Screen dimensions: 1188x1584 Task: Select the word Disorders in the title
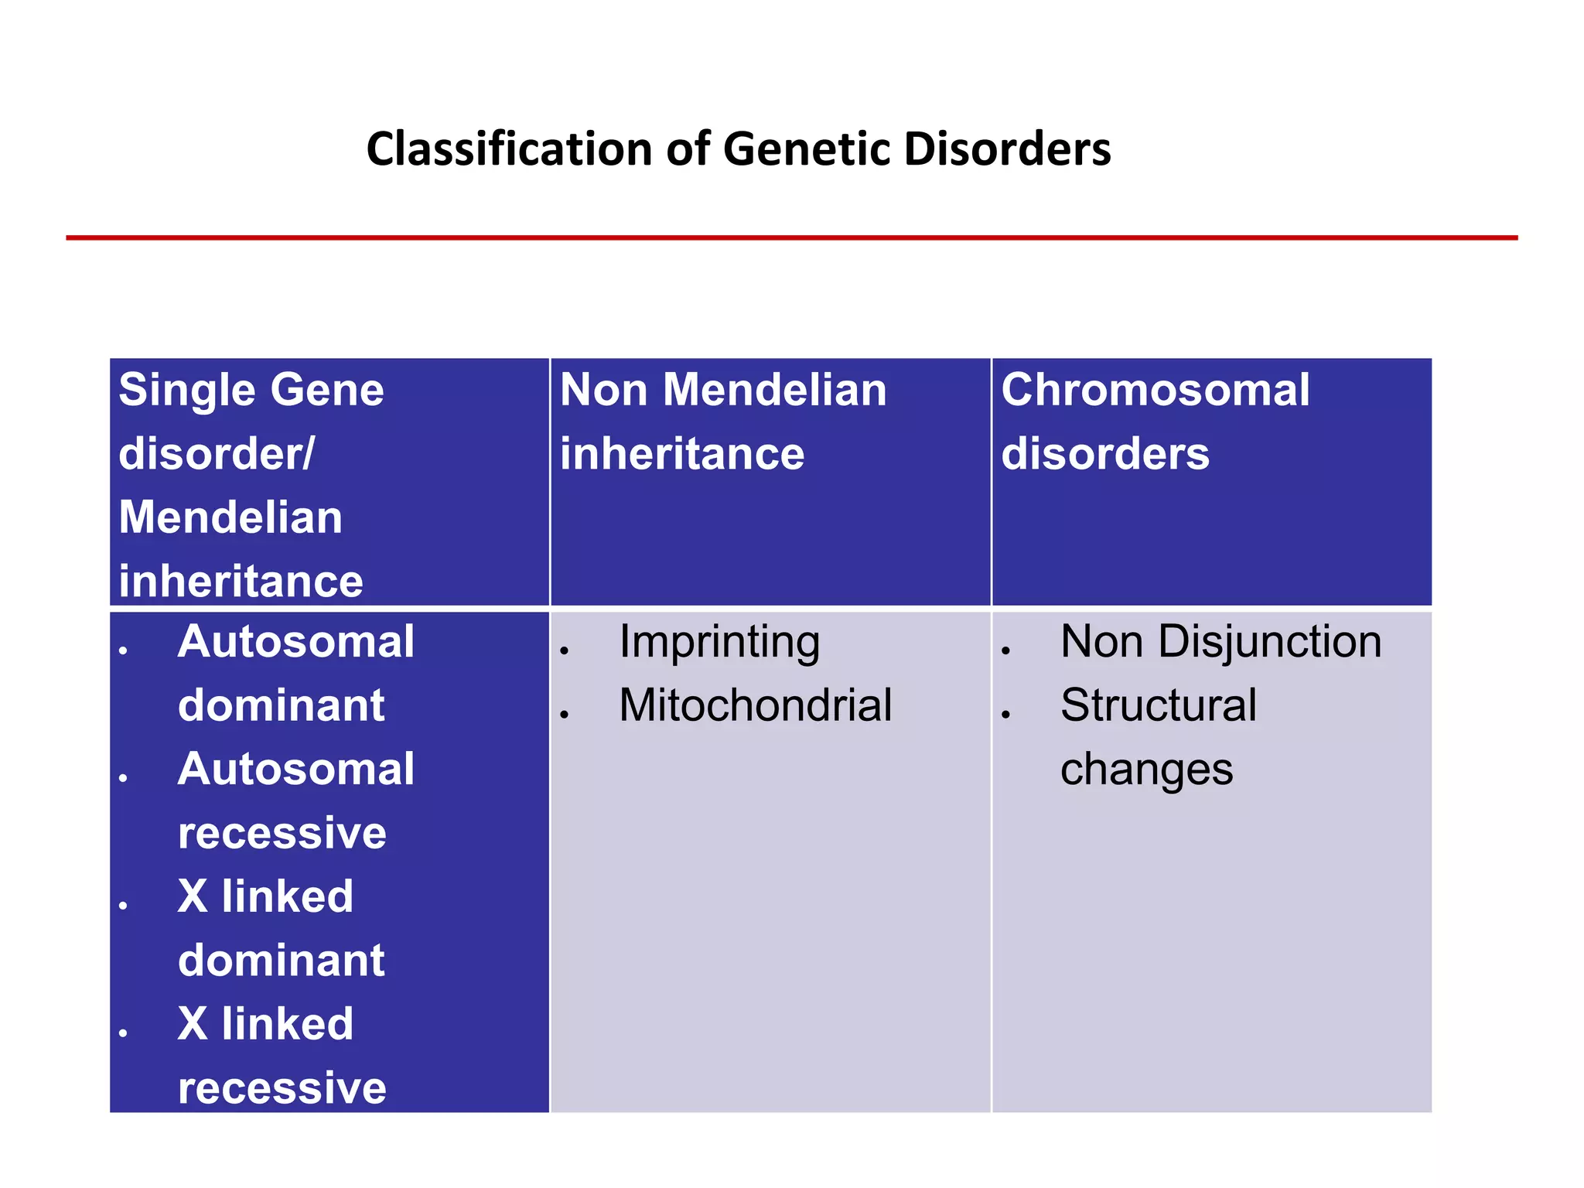coord(1007,148)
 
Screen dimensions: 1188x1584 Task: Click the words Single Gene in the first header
coord(251,390)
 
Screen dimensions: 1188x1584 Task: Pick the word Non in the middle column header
coord(603,390)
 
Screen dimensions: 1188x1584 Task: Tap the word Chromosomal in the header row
coord(1155,390)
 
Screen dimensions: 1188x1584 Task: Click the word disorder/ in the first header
coord(217,453)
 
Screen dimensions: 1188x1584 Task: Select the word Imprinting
coord(719,642)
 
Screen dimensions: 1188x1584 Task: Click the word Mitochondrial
coord(755,705)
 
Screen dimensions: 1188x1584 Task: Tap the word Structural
coord(1158,705)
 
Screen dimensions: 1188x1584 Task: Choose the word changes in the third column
coord(1146,770)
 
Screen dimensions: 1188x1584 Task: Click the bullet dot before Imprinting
coord(565,650)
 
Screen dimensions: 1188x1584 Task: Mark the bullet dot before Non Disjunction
coord(1005,650)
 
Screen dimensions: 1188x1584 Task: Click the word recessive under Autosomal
coord(282,833)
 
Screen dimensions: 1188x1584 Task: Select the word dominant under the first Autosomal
coord(281,705)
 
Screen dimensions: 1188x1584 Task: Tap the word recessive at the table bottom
coord(282,1088)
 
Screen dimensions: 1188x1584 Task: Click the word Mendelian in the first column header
coord(230,517)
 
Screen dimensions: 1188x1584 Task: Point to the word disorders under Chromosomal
coord(1104,453)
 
